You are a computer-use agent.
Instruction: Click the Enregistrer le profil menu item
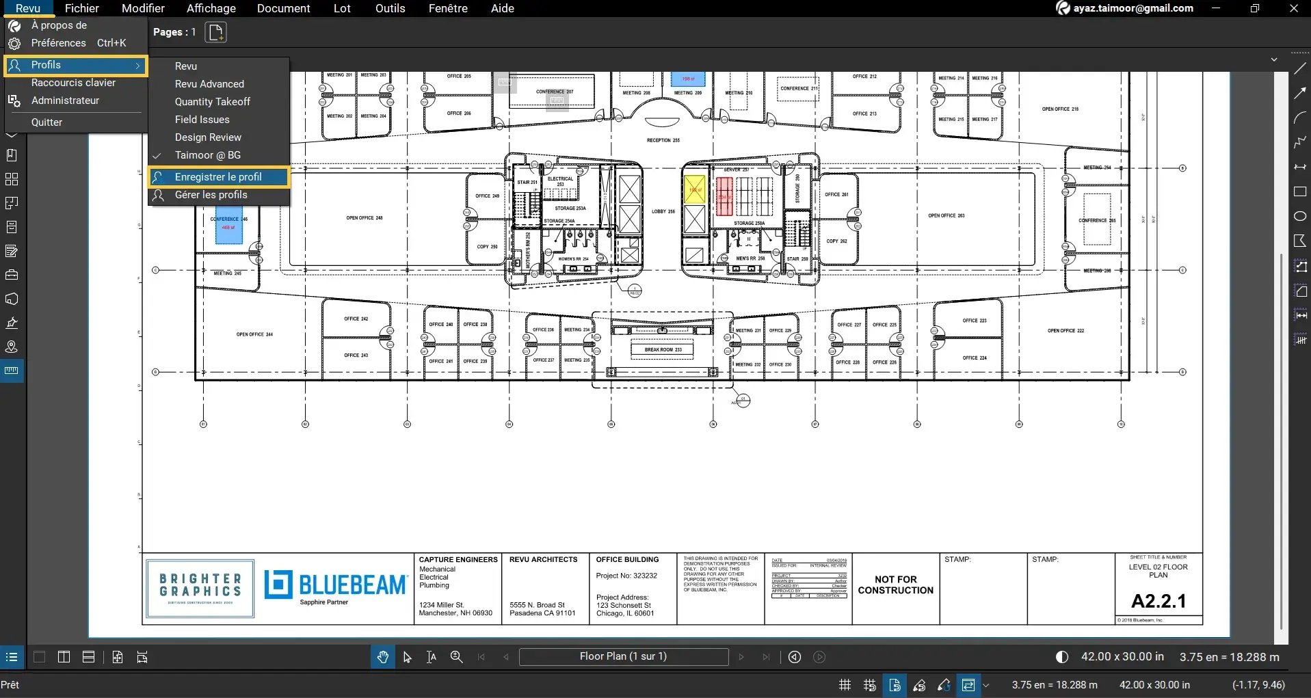tap(217, 177)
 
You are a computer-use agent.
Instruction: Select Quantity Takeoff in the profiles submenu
tap(212, 102)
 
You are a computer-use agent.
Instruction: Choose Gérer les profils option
tap(211, 195)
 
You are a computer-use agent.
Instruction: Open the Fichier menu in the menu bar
tap(82, 8)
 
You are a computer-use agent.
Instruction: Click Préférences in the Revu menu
tap(59, 43)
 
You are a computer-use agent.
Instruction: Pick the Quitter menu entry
tap(47, 122)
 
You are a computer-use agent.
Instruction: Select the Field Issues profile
tap(202, 120)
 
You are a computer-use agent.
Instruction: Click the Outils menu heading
tap(390, 8)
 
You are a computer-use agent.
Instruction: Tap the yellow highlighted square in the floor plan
tap(694, 189)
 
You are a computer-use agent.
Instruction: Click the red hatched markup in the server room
tap(724, 196)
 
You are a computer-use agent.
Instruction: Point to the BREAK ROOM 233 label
tap(662, 349)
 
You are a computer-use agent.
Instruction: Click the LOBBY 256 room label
tap(663, 211)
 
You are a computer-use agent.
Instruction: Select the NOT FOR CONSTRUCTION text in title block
tap(895, 585)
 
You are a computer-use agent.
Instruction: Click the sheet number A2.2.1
tap(1158, 601)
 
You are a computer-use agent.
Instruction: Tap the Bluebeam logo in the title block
tap(335, 586)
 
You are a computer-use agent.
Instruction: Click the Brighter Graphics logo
tap(200, 588)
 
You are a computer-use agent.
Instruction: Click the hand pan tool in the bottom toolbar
tap(382, 657)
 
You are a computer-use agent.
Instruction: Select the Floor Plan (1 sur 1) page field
tap(623, 656)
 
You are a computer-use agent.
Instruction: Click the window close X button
tap(1293, 8)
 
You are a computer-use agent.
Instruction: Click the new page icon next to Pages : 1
tap(215, 32)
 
